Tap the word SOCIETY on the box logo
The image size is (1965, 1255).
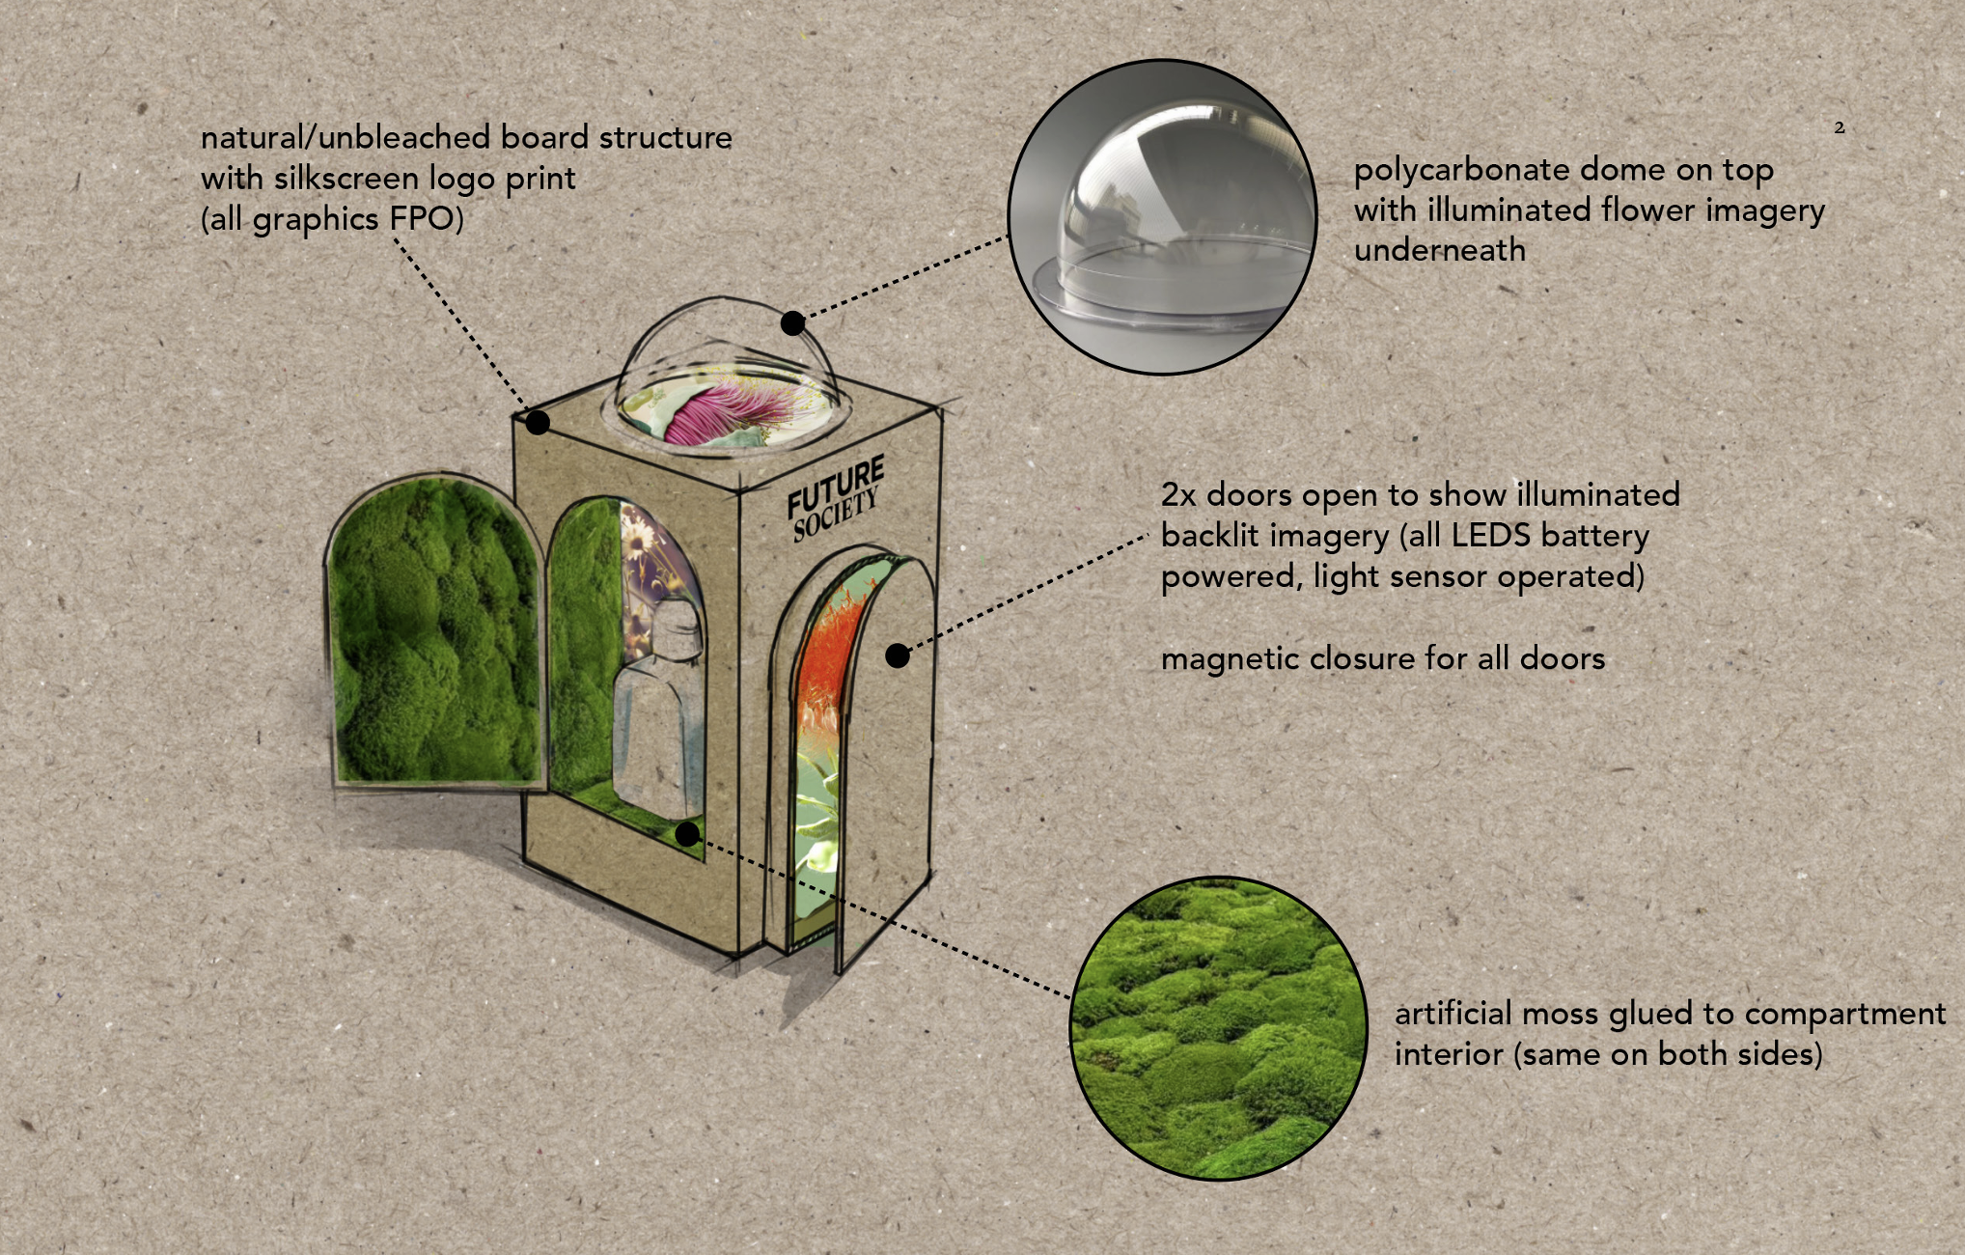click(836, 515)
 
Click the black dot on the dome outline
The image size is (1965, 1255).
click(792, 322)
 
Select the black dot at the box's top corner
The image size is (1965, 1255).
click(538, 423)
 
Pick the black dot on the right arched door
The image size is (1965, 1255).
click(898, 656)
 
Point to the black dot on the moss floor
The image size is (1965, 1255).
click(687, 834)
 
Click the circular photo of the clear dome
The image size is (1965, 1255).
click(1162, 216)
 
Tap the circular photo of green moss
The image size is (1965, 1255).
click(1218, 1027)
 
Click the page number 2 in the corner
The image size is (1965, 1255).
click(1840, 127)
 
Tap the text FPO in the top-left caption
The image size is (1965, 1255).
click(422, 219)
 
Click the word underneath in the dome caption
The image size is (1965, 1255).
click(1440, 251)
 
